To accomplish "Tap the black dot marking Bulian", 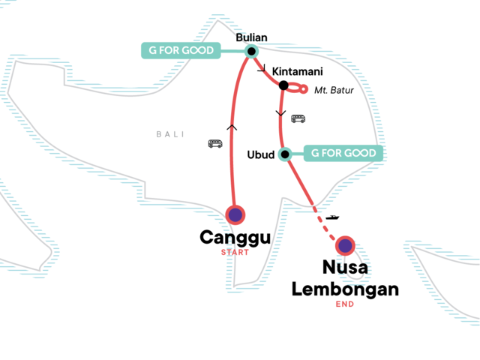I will click(x=252, y=52).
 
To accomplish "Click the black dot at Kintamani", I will click(x=283, y=85).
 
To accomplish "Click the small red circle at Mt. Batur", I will click(x=303, y=89).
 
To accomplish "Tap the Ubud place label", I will click(x=262, y=155).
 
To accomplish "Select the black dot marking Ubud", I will click(x=285, y=155).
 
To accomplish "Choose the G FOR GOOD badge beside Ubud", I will click(x=342, y=154).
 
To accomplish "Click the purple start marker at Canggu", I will click(x=235, y=215).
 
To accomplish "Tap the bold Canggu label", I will click(x=235, y=238).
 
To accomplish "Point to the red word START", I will click(x=235, y=253).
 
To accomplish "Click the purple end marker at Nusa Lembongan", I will click(x=345, y=245).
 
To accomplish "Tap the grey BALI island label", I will click(x=169, y=134).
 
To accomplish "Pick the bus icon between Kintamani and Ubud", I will click(x=298, y=118).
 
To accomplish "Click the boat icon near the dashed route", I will click(x=331, y=217).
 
